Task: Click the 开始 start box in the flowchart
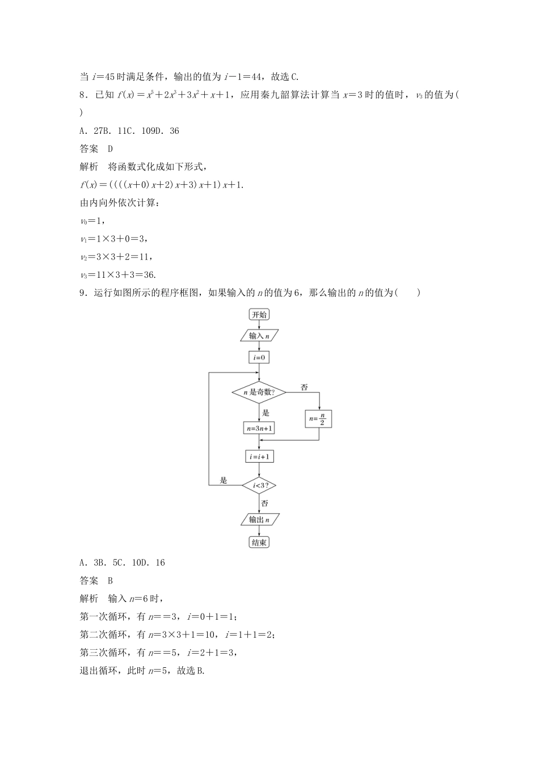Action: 259,314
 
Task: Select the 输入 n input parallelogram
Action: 259,336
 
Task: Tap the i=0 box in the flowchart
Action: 259,357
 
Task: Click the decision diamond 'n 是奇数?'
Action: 259,392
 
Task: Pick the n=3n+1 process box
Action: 259,428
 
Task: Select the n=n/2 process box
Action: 319,420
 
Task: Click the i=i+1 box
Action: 259,456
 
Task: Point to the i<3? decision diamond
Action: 259,485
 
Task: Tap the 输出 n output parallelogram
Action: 259,519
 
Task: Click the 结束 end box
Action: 259,543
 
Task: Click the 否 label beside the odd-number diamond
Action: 304,387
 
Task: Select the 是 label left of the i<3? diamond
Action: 223,481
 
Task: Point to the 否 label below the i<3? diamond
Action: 265,503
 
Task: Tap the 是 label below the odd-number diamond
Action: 266,413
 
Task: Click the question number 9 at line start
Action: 83,293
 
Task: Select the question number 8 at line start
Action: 83,95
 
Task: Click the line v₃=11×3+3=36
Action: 119,275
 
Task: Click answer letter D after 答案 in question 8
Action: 111,149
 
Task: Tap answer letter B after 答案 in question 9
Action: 111,581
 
